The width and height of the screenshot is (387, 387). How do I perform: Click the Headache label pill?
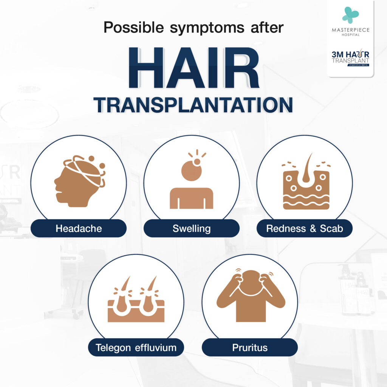coord(79,228)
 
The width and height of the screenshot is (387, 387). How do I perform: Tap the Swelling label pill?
coord(192,228)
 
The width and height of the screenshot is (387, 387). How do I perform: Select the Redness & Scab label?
coord(305,228)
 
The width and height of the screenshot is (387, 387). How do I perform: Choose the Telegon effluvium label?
coord(136,347)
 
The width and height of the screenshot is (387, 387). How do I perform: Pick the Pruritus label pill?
coord(249,347)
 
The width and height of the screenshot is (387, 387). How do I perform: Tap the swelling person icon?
coord(192,185)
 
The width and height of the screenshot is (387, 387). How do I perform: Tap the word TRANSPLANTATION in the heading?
coord(193,105)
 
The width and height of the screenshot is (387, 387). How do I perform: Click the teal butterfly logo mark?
coord(350,15)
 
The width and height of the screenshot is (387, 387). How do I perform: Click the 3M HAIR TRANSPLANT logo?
coord(350,57)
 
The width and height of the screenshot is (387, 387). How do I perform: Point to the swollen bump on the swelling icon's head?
coord(197,162)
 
